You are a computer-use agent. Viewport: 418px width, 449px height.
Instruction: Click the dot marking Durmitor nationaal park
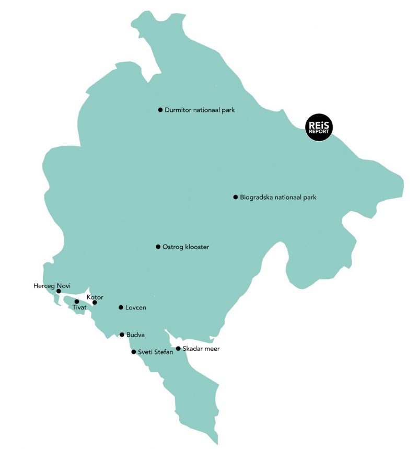160,110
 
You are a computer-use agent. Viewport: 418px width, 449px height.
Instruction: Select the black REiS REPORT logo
319,128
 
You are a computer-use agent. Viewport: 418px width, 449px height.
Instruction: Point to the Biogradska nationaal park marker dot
236,197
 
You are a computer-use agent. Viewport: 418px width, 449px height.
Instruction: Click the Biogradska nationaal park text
278,198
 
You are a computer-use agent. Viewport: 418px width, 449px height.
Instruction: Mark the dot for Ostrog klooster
158,247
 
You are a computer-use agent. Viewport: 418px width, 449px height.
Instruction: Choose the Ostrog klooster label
185,247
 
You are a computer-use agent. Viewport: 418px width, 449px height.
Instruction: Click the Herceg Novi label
51,285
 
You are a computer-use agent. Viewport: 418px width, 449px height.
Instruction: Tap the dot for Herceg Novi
59,291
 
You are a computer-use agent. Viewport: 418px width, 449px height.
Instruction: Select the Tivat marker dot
77,302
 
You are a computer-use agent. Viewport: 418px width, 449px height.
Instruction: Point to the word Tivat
79,308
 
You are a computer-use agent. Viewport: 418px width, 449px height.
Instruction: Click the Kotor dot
95,303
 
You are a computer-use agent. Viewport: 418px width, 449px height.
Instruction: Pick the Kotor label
95,297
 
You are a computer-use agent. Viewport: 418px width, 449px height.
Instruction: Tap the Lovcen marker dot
121,307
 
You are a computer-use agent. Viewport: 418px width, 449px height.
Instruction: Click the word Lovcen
135,308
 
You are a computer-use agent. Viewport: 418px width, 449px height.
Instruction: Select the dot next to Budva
122,335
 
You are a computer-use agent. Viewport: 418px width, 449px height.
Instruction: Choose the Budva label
135,335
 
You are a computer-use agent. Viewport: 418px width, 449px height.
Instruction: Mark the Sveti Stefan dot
133,352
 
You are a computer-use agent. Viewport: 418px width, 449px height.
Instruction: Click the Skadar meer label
201,349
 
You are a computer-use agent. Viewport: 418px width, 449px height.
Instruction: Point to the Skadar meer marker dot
178,349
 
